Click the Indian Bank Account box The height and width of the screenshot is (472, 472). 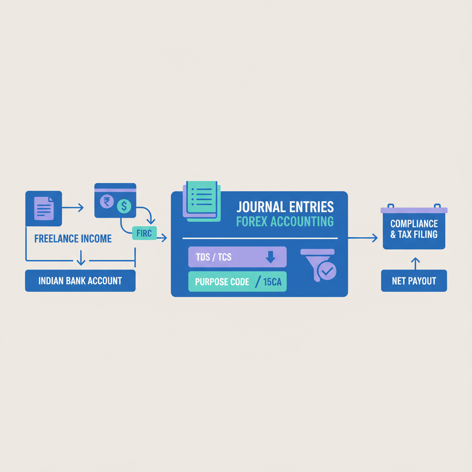pos(80,281)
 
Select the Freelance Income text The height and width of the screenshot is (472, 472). pos(73,239)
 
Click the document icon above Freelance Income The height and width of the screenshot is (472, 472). pos(44,208)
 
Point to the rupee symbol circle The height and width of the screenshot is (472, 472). pos(107,201)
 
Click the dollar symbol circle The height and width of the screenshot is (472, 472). pos(124,206)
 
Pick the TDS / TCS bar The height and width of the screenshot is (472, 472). pos(237,257)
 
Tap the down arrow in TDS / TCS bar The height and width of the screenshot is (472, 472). pos(271,257)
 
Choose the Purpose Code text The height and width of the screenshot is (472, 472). pos(222,282)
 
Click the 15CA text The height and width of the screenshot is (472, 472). pos(272,282)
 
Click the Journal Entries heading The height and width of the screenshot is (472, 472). pos(285,206)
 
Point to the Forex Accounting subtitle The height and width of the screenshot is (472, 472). pos(284,222)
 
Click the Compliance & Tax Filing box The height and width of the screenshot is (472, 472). pos(414,229)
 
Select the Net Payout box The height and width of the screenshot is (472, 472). pos(414,281)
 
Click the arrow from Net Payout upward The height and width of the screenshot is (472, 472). pos(415,263)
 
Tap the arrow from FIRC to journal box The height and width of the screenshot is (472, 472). pos(161,238)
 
